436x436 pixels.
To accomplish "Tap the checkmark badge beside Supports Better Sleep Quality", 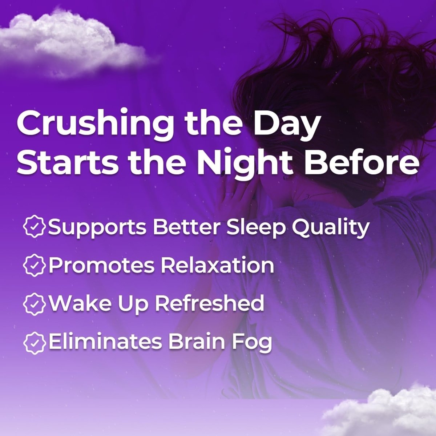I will click(34, 227).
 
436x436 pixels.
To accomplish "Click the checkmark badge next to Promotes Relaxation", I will click(34, 266).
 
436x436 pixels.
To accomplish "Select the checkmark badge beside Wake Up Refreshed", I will click(34, 304).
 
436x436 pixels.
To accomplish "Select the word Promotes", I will click(101, 266).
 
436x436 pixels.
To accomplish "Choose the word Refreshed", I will click(209, 303).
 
